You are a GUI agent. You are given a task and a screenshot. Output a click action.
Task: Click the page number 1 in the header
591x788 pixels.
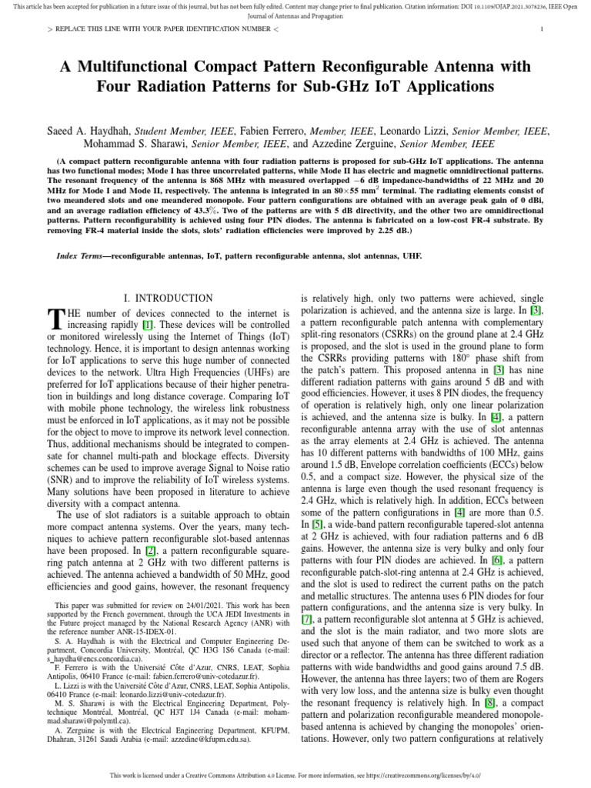(x=543, y=29)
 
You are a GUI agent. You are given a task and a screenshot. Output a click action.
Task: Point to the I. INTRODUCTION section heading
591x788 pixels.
(x=169, y=298)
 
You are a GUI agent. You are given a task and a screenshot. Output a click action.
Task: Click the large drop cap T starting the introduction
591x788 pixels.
(x=54, y=319)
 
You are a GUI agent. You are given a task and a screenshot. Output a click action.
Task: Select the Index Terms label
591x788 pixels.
(x=83, y=255)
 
